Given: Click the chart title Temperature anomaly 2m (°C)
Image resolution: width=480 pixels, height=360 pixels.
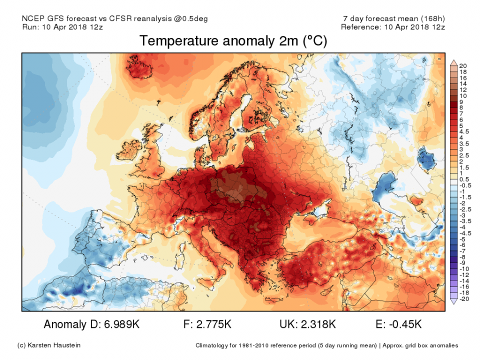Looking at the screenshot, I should click(x=233, y=41).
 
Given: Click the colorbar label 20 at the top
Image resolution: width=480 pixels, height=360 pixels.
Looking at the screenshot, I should click(x=463, y=66).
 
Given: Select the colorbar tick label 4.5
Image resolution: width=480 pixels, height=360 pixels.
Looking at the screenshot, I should click(x=464, y=132).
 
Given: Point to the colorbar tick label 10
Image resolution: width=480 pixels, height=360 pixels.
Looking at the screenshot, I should click(x=463, y=96).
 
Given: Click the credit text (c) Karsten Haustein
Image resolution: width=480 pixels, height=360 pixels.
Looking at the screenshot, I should click(x=49, y=345).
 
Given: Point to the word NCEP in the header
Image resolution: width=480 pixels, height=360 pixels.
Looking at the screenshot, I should click(x=33, y=18).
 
